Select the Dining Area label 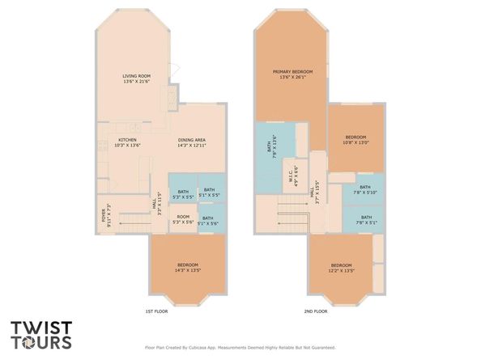click(192, 142)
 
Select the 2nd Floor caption click(316, 311)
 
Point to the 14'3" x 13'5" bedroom click(188, 267)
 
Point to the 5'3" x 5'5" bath click(183, 194)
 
